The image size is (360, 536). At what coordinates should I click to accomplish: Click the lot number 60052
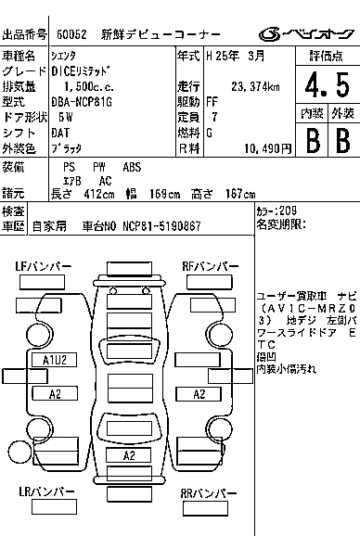coord(71,34)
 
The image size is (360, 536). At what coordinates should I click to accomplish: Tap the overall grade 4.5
coord(328,84)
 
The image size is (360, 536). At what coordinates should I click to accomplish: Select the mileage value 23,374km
coord(255,87)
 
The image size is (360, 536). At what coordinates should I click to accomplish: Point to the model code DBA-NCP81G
coord(82,102)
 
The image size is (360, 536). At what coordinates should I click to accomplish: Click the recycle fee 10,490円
coord(268,148)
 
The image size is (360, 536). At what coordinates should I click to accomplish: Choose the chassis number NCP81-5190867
coord(161,226)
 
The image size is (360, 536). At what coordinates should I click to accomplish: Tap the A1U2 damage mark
coord(55,360)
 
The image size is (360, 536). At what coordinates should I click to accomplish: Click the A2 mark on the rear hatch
coord(129,455)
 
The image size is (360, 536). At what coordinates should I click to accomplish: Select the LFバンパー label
coord(44,267)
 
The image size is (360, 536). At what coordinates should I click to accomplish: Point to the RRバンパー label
coord(209,493)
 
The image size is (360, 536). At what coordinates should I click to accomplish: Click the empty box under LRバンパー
coord(54,507)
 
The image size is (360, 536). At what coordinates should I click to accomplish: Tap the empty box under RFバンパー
coord(210,282)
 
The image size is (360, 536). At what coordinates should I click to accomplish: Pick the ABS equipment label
coord(132,167)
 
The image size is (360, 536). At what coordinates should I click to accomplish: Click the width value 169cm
coord(165,194)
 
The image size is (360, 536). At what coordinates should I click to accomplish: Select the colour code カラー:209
coord(276,211)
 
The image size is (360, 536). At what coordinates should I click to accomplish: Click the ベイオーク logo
coord(306,34)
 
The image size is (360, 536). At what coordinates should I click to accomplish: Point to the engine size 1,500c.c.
coord(89,87)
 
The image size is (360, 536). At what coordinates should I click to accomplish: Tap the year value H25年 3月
coord(236,56)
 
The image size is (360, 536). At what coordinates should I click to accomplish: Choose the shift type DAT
coord(60,133)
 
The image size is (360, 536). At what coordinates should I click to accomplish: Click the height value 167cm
coord(240,194)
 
